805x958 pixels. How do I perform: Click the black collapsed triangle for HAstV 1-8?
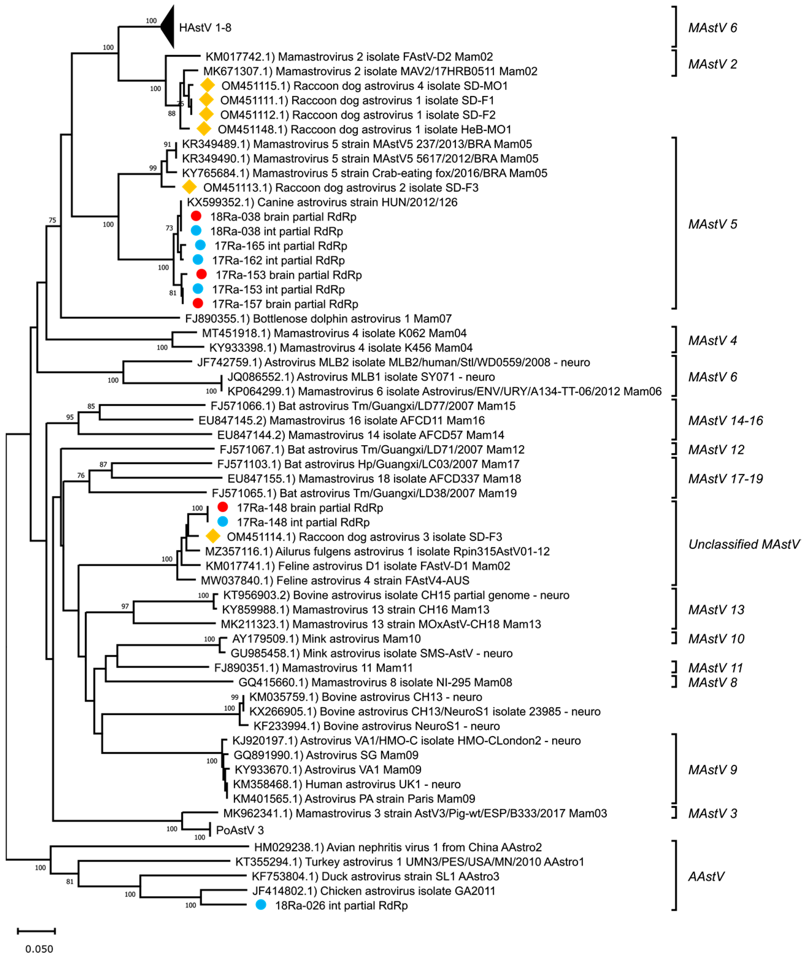pos(168,27)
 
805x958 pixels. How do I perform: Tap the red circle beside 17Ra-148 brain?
pos(223,507)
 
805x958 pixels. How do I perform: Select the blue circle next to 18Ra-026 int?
pos(261,905)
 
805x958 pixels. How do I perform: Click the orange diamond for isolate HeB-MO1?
pos(204,129)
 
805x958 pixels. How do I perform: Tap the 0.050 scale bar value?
pos(39,949)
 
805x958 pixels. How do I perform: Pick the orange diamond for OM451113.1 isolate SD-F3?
pos(189,187)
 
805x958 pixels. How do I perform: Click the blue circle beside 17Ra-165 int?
pos(200,245)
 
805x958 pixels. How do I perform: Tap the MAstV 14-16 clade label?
pos(725,420)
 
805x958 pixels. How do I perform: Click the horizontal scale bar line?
pos(36,931)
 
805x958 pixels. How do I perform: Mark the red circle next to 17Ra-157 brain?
pos(197,303)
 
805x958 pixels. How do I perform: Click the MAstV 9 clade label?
pos(712,769)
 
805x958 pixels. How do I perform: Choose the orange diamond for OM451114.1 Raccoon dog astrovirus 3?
pos(213,536)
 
